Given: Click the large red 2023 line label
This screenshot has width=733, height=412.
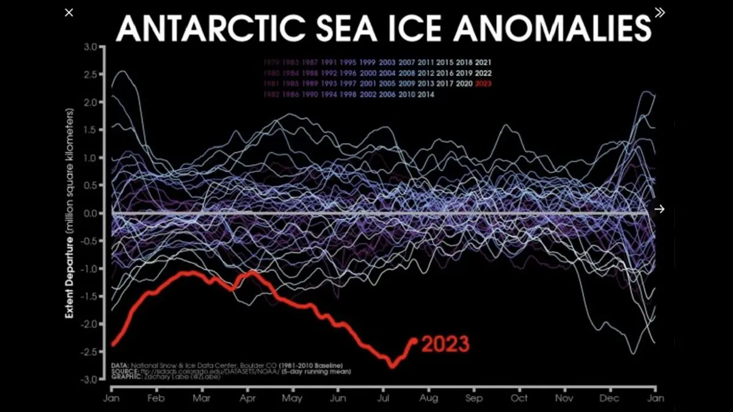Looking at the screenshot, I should pos(445,344).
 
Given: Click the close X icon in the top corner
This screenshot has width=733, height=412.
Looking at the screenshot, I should pos(70,12).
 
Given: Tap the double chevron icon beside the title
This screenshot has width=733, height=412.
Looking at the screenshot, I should pos(659,12).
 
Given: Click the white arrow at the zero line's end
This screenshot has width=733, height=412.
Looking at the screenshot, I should pos(659,209).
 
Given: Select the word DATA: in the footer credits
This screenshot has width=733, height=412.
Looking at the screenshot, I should pos(120,366).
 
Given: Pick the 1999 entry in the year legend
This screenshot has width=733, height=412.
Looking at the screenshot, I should pos(367,62).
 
